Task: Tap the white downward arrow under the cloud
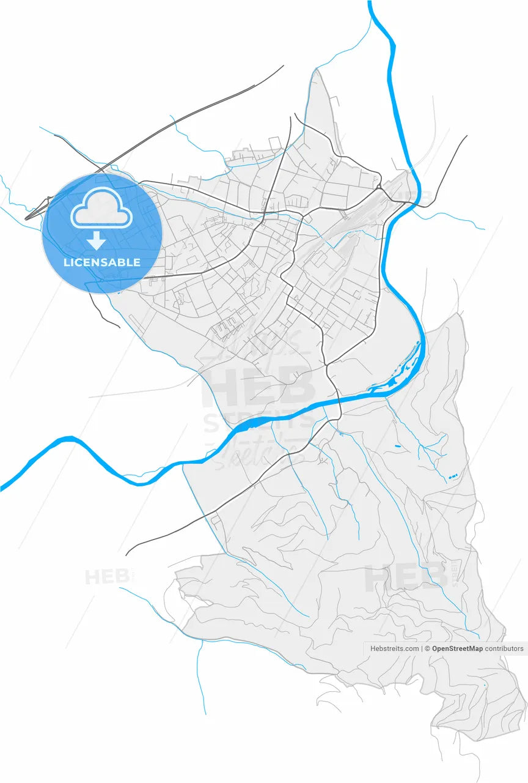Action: [x=96, y=241]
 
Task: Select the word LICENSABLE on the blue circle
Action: [x=102, y=262]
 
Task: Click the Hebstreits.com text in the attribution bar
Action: [x=395, y=648]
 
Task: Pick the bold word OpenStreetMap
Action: [x=457, y=648]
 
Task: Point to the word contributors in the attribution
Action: [x=504, y=648]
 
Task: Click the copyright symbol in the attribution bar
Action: [x=428, y=648]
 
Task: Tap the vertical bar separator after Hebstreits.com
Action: [x=422, y=648]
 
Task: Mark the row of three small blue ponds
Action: [x=453, y=476]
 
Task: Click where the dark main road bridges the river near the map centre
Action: [x=339, y=402]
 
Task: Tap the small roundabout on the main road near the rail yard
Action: [x=379, y=185]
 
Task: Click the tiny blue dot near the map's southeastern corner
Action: [x=485, y=685]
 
